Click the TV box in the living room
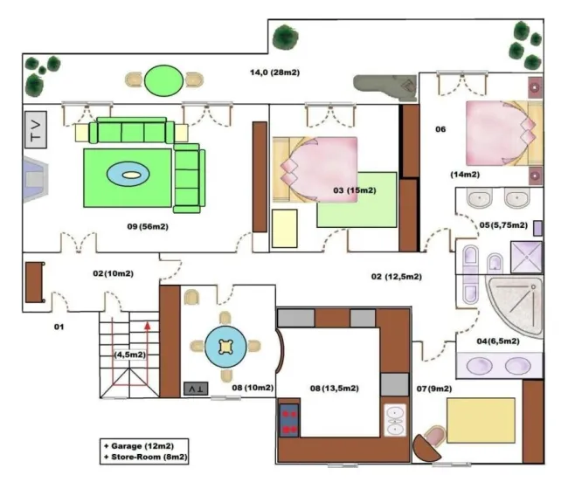click(x=36, y=129)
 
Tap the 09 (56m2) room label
click(x=148, y=226)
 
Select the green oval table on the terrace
click(x=163, y=80)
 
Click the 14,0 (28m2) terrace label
click(x=274, y=72)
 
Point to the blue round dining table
click(x=225, y=347)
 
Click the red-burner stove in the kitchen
click(x=289, y=420)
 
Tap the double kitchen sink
click(x=395, y=420)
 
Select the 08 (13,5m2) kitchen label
click(x=335, y=389)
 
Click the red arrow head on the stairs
click(x=148, y=326)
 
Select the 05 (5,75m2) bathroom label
click(x=503, y=225)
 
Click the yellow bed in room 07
click(x=481, y=420)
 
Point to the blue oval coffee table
click(x=128, y=175)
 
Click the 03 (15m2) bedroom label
click(x=355, y=190)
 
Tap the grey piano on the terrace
click(x=385, y=87)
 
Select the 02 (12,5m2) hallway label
click(x=397, y=277)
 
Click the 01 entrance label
click(x=59, y=327)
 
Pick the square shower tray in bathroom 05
click(x=527, y=257)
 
